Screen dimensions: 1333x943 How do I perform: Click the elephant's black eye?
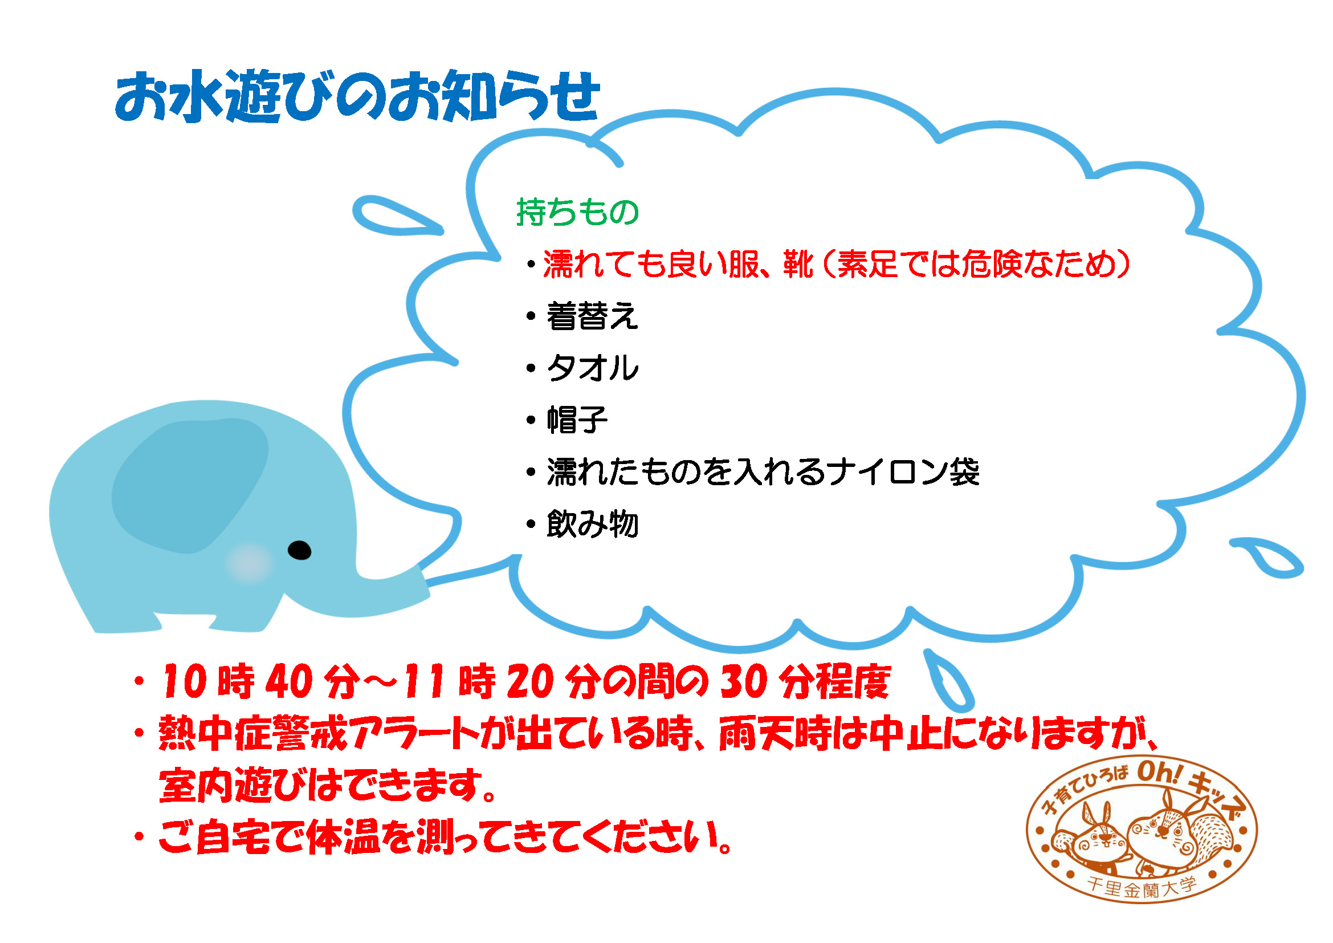coord(300,550)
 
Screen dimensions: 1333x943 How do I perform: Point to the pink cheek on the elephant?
coord(249,563)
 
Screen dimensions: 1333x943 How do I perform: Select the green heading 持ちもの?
coord(578,212)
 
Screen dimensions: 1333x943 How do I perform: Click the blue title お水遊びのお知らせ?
coord(357,96)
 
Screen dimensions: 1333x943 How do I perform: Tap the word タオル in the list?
coord(593,368)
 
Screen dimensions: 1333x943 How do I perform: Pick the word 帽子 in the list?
coord(577,419)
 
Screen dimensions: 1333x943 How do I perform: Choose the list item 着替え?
coord(592,316)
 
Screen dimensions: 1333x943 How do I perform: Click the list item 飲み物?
coord(592,524)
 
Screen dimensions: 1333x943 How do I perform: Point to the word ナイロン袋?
coord(904,472)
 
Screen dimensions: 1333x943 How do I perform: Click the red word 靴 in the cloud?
coord(798,264)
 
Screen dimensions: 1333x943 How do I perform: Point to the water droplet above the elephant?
coord(396,216)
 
